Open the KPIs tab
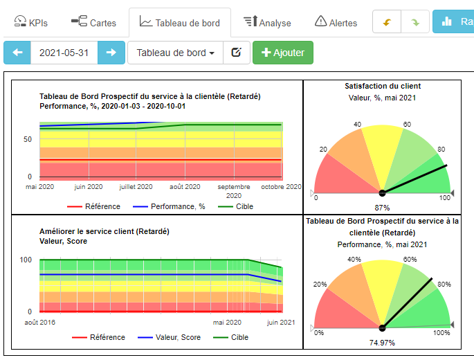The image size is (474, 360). click(31, 22)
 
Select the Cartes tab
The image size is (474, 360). click(93, 22)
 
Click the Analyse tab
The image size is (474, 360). click(267, 22)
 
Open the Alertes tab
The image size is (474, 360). click(336, 22)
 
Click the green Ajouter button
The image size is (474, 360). click(282, 53)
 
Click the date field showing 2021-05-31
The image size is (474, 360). click(64, 53)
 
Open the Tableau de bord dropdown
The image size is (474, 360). click(175, 53)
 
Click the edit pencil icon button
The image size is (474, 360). click(236, 53)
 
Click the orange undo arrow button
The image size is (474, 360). click(386, 22)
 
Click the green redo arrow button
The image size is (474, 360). click(415, 22)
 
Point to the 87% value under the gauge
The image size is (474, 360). click(382, 208)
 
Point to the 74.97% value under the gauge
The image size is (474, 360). click(382, 342)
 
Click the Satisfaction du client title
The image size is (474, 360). click(383, 87)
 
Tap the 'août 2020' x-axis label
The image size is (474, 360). click(185, 187)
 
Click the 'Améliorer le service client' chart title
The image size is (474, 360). click(104, 231)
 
